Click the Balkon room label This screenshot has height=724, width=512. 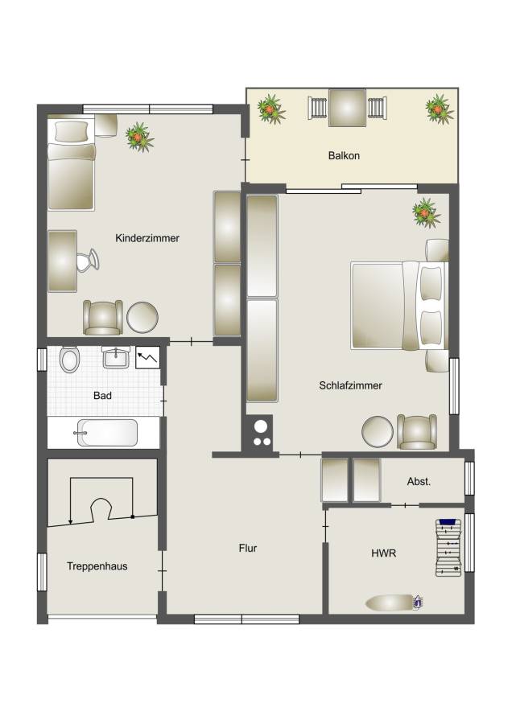[x=344, y=155]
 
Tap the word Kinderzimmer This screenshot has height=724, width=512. [x=147, y=238]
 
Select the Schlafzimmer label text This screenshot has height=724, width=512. [x=350, y=385]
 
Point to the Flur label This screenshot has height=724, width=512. [x=248, y=548]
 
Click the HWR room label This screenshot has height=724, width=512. [x=383, y=553]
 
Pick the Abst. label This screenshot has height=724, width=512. [x=419, y=482]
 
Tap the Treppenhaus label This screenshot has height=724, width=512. [x=97, y=566]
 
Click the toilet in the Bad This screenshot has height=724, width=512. [x=70, y=360]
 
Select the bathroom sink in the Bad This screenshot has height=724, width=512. [x=116, y=357]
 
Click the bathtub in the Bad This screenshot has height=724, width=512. [x=107, y=433]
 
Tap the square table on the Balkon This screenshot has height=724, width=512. [x=347, y=108]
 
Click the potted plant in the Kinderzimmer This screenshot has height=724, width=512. [x=139, y=137]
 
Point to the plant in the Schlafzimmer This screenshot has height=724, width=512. [x=426, y=213]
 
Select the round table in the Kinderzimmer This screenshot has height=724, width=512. [x=142, y=317]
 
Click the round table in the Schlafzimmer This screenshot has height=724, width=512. [x=378, y=432]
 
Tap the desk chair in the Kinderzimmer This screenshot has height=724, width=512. [x=88, y=261]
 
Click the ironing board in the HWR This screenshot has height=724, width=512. [x=394, y=603]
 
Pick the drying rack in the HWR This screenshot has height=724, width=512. [x=448, y=548]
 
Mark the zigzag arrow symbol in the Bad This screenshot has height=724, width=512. [x=147, y=357]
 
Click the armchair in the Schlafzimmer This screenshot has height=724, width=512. [x=417, y=432]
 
